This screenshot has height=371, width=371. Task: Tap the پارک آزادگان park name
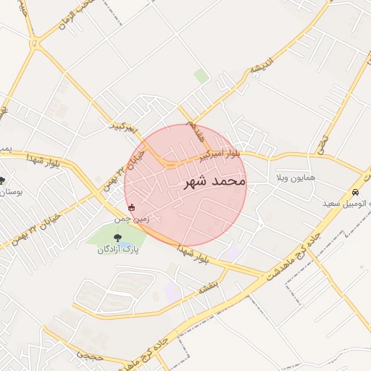[117, 250]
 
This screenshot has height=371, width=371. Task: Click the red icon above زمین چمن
[130, 208]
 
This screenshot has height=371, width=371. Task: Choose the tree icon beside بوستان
[2, 180]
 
